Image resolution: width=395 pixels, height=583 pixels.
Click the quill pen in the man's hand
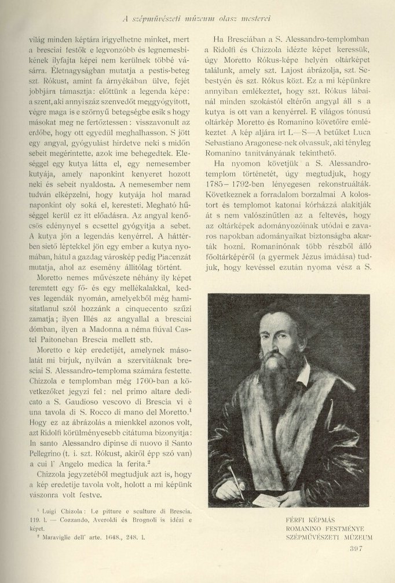[237, 475]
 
